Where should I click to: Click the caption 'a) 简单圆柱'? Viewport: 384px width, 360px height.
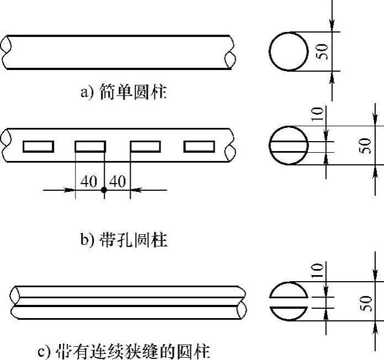pyautogui.click(x=123, y=92)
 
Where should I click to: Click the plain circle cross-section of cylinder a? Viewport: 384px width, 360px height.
pyautogui.click(x=289, y=51)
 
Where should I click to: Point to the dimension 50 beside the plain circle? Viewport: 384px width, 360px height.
pyautogui.click(x=324, y=51)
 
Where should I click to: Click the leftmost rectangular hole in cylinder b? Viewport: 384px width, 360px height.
pyautogui.click(x=38, y=146)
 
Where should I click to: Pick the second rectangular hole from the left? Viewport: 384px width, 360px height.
pyautogui.click(x=90, y=146)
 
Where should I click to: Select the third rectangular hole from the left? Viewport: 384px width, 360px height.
pyautogui.click(x=145, y=146)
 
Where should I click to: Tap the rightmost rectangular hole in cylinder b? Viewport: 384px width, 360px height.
pyautogui.click(x=199, y=146)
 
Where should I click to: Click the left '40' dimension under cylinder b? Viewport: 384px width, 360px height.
pyautogui.click(x=89, y=181)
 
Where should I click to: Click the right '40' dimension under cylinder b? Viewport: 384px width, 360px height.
pyautogui.click(x=118, y=181)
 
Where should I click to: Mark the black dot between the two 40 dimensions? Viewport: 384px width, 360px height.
pyautogui.click(x=104, y=190)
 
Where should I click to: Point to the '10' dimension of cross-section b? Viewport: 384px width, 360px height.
pyautogui.click(x=317, y=115)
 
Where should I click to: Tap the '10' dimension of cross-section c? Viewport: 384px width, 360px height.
pyautogui.click(x=317, y=270)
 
